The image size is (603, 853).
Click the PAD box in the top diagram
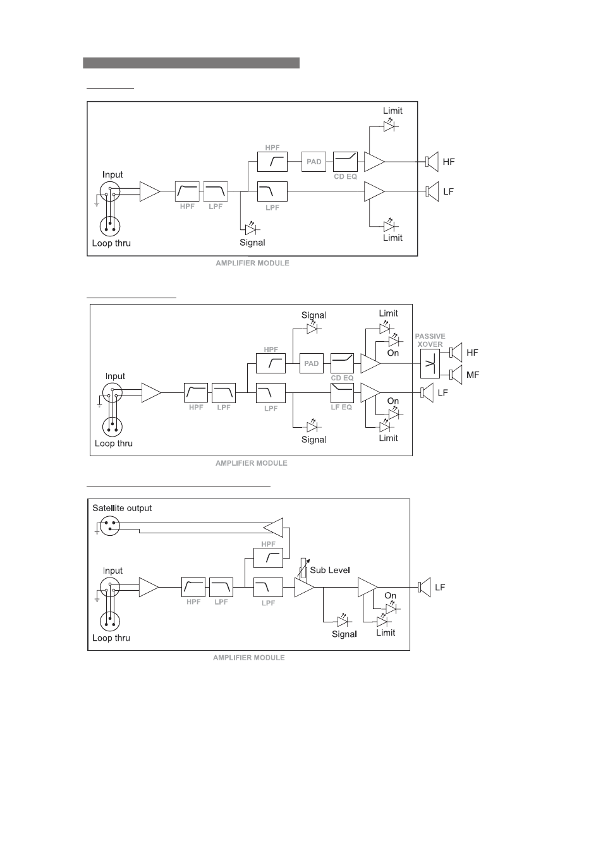[314, 162]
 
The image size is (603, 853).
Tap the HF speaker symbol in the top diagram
[432, 162]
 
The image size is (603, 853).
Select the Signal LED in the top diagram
[252, 229]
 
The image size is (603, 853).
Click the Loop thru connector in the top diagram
[110, 226]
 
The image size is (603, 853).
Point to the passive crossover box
[430, 364]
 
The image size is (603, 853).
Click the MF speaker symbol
[456, 375]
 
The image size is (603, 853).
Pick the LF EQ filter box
[342, 392]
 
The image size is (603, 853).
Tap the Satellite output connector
[110, 526]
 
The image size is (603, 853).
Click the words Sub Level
[330, 570]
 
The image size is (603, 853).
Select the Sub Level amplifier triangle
[303, 587]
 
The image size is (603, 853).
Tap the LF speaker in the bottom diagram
[424, 587]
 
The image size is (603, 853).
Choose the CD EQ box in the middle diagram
[342, 363]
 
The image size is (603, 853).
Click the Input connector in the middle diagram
[113, 392]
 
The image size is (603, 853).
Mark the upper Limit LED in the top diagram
[389, 126]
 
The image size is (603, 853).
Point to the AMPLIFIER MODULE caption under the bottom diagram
[249, 657]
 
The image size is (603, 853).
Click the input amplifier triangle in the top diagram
[150, 191]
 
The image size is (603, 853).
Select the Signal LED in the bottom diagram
[343, 622]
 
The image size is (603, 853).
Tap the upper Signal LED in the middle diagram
[313, 329]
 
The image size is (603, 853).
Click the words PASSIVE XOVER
[430, 340]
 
